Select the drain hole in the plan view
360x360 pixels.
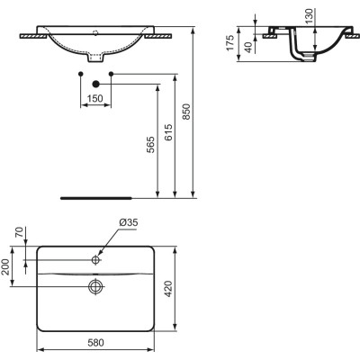click(95, 287)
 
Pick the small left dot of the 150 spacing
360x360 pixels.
click(81, 70)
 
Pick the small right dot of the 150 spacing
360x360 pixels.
click(109, 70)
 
